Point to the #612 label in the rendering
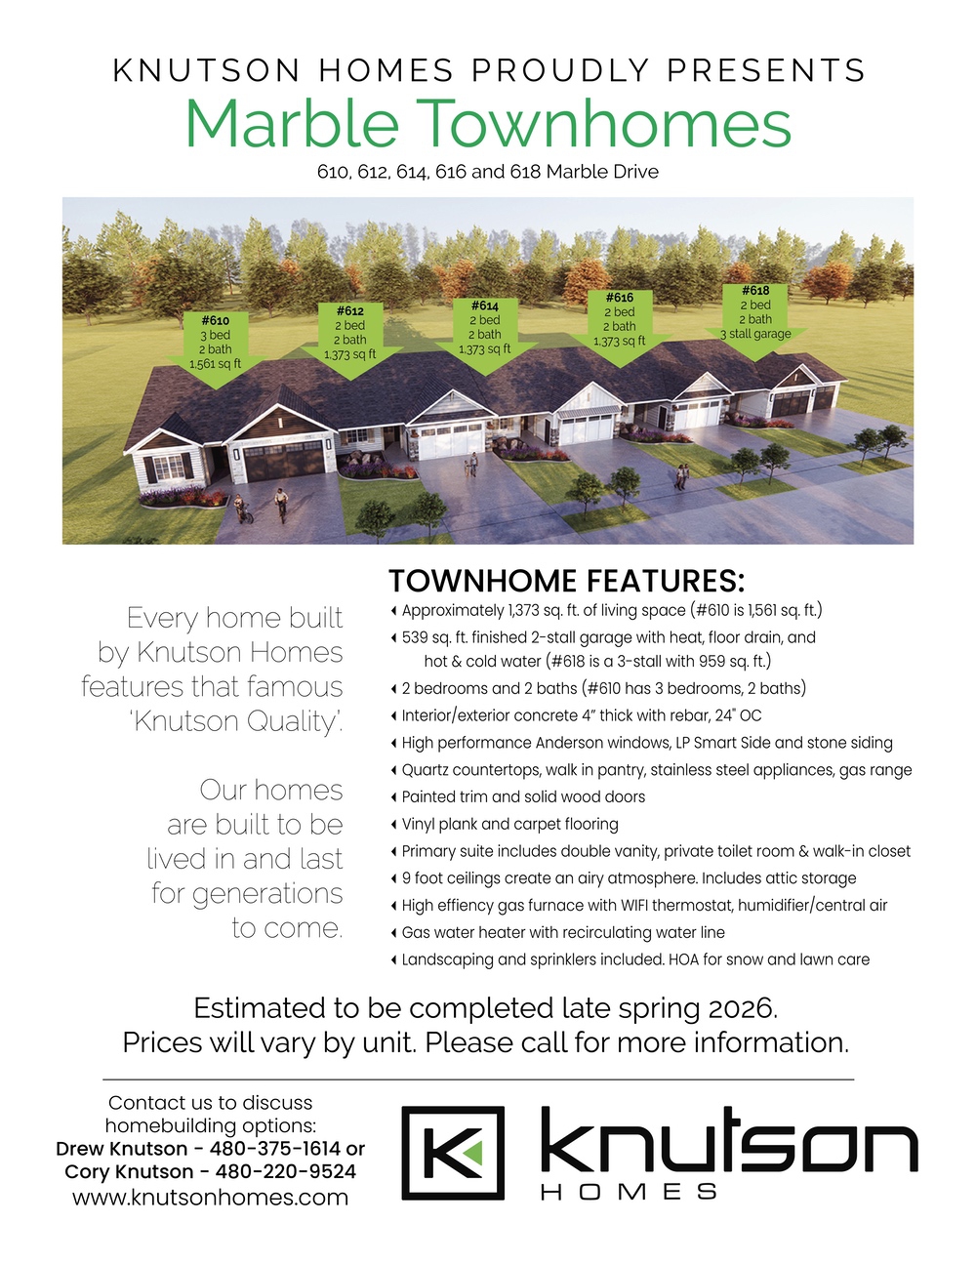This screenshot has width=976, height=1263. pyautogui.click(x=350, y=310)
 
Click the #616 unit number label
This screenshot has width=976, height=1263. pyautogui.click(x=620, y=298)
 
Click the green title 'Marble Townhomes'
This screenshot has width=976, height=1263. pyautogui.click(x=488, y=124)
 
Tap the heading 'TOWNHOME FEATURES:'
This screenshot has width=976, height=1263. pyautogui.click(x=567, y=581)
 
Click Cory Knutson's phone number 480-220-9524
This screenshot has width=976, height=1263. pyautogui.click(x=285, y=1171)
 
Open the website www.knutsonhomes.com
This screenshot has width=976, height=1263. pyautogui.click(x=210, y=1197)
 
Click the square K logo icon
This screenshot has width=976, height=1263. pyautogui.click(x=453, y=1153)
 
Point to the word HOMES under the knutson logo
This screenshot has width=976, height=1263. pyautogui.click(x=630, y=1192)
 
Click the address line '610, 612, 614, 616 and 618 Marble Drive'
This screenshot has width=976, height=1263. pyautogui.click(x=488, y=172)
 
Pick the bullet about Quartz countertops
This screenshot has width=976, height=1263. pyautogui.click(x=656, y=770)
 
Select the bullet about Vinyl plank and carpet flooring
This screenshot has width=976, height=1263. pyautogui.click(x=509, y=824)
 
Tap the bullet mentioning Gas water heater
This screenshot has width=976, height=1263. pyautogui.click(x=563, y=932)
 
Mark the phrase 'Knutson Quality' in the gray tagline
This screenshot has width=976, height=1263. pyautogui.click(x=237, y=721)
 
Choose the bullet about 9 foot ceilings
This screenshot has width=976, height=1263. pyautogui.click(x=629, y=877)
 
